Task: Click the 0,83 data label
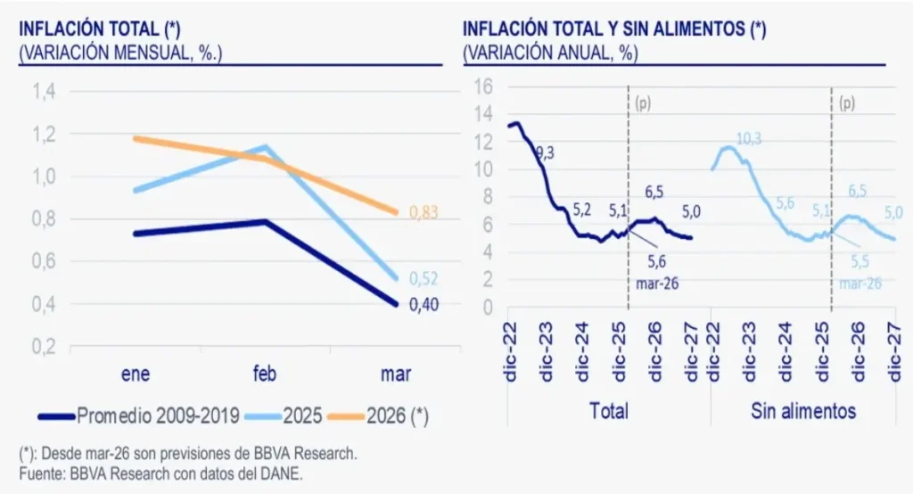tap(424, 212)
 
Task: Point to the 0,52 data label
tap(424, 278)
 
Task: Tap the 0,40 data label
tap(424, 305)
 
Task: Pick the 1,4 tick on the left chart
tap(43, 91)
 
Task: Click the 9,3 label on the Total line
tap(544, 153)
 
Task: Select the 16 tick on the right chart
tap(483, 86)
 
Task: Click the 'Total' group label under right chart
tap(609, 411)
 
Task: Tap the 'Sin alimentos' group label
tap(803, 411)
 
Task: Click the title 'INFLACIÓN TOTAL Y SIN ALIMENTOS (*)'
tap(614, 29)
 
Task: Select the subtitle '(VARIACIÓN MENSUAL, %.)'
tap(120, 52)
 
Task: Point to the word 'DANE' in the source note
tap(277, 473)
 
